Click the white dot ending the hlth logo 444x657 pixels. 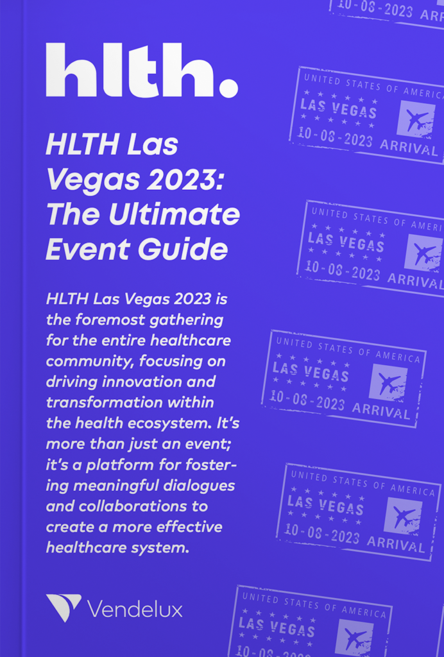click(228, 89)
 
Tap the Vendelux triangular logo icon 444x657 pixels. click(64, 608)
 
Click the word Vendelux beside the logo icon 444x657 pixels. click(135, 608)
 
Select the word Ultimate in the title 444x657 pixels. click(175, 214)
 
